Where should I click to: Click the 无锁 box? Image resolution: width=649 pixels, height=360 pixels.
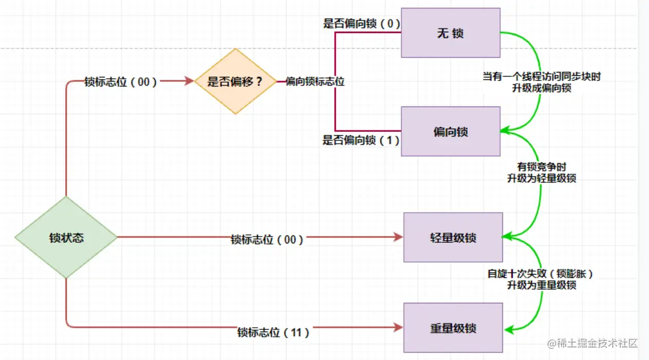pyautogui.click(x=450, y=33)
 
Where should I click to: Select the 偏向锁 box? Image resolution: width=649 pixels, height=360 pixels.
pyautogui.click(x=450, y=131)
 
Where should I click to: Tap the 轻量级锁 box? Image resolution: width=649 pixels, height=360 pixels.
pyautogui.click(x=453, y=237)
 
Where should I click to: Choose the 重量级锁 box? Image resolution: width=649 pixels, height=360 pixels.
pyautogui.click(x=453, y=328)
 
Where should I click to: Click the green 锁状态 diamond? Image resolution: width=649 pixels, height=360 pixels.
pyautogui.click(x=66, y=237)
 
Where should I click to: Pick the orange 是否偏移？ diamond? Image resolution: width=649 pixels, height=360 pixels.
pyautogui.click(x=235, y=81)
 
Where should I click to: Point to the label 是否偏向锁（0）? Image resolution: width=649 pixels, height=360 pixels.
pyautogui.click(x=361, y=24)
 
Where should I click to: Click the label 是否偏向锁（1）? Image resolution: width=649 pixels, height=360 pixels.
pyautogui.click(x=361, y=140)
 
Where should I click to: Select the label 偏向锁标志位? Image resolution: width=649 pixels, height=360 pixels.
pyautogui.click(x=315, y=82)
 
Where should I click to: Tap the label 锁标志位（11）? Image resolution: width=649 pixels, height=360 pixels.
pyautogui.click(x=273, y=332)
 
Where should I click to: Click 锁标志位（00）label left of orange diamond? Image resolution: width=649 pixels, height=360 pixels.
pyautogui.click(x=121, y=82)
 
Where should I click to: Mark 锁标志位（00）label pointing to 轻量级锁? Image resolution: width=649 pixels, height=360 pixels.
pyautogui.click(x=267, y=239)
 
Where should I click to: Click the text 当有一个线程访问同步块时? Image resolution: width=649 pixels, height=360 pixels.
pyautogui.click(x=541, y=76)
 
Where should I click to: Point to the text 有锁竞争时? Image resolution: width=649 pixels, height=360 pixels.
pyautogui.click(x=541, y=167)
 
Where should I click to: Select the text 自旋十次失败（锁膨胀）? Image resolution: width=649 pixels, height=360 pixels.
pyautogui.click(x=541, y=273)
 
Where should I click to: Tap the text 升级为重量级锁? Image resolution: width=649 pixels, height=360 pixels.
pyautogui.click(x=541, y=285)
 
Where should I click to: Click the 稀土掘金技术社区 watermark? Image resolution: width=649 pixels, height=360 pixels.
pyautogui.click(x=592, y=343)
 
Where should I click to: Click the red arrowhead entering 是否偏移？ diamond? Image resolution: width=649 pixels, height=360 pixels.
pyautogui.click(x=189, y=81)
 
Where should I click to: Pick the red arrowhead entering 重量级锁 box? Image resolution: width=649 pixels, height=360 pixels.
pyautogui.click(x=398, y=327)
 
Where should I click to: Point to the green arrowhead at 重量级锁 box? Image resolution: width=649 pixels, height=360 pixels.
pyautogui.click(x=509, y=330)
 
